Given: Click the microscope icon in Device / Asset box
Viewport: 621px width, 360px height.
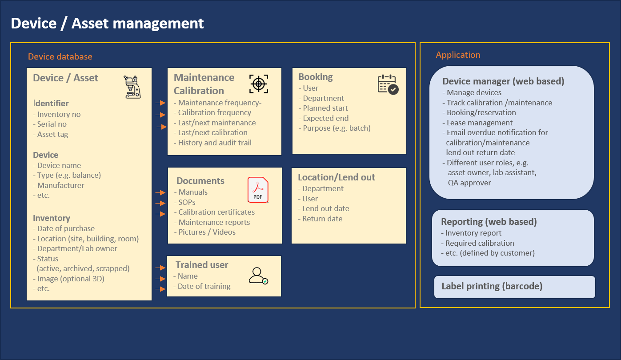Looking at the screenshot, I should pyautogui.click(x=132, y=86).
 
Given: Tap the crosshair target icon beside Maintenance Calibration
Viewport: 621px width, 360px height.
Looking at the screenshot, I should pyautogui.click(x=259, y=84).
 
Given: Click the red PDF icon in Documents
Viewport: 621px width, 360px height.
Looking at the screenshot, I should pyautogui.click(x=258, y=190).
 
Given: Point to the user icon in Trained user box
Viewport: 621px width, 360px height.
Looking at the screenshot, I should pyautogui.click(x=258, y=276).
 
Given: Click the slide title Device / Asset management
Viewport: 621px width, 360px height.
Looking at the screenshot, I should pyautogui.click(x=107, y=23).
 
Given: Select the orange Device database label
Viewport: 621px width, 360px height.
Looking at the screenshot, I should pyautogui.click(x=60, y=56).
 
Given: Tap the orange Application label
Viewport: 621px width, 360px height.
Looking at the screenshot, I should pyautogui.click(x=458, y=55).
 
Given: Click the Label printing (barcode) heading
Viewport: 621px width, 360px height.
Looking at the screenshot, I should pyautogui.click(x=492, y=286).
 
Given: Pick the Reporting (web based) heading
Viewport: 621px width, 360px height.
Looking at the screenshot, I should pyautogui.click(x=489, y=222).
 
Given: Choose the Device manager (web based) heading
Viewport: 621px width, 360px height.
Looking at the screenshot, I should pyautogui.click(x=503, y=81).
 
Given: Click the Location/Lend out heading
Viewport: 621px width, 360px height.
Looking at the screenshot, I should pyautogui.click(x=336, y=177).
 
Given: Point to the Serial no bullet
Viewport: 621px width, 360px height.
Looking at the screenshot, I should pyautogui.click(x=52, y=124).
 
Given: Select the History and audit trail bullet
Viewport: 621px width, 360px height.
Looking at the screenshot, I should pyautogui.click(x=214, y=143).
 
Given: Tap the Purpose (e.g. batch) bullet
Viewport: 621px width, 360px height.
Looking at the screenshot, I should pyautogui.click(x=336, y=128).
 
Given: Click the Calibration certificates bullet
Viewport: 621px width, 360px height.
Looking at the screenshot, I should pyautogui.click(x=216, y=212).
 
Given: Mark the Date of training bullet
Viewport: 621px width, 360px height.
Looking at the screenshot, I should pyautogui.click(x=204, y=286).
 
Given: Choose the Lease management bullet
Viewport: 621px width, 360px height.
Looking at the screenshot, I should pyautogui.click(x=479, y=123).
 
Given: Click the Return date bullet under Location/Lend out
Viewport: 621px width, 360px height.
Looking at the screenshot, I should pyautogui.click(x=322, y=219).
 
